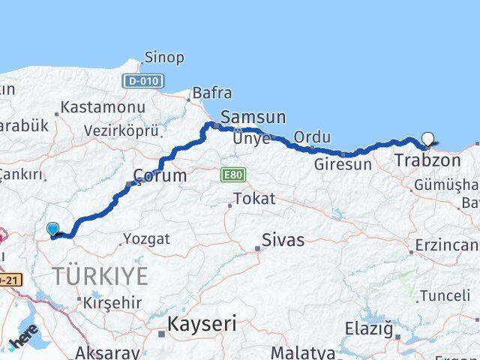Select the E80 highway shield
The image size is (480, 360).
(x=232, y=175)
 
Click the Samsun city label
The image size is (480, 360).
(x=253, y=117)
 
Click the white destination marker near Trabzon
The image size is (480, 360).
(x=427, y=138)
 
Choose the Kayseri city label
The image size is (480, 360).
(x=202, y=325)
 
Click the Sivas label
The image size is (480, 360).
(x=283, y=241)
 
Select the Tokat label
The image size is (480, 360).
(x=254, y=199)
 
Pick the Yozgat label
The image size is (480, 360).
(x=146, y=239)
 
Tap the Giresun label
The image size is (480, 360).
(x=343, y=164)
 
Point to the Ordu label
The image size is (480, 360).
(x=312, y=138)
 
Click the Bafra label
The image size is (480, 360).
(x=212, y=93)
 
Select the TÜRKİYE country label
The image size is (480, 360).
(x=100, y=276)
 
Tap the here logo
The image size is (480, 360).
(x=25, y=334)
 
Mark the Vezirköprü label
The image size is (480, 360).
(x=121, y=130)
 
